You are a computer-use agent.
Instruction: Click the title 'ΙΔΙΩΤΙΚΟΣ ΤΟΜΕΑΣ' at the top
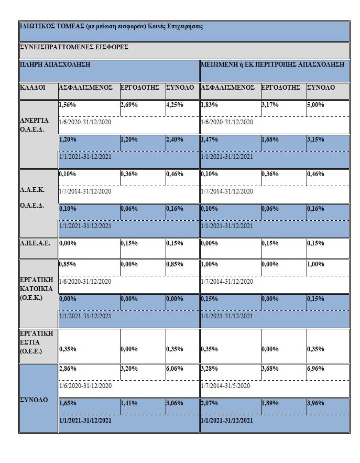click(x=49, y=26)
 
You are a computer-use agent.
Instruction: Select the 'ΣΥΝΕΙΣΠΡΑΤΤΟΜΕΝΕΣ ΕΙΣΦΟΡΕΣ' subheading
click(x=74, y=47)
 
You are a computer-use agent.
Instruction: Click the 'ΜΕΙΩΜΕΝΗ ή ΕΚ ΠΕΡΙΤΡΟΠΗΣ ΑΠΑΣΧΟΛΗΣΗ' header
click(x=272, y=64)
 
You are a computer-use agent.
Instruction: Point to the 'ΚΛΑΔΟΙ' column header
click(x=33, y=88)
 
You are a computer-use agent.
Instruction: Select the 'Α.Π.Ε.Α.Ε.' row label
click(x=36, y=243)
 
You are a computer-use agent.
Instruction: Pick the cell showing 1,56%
click(x=68, y=105)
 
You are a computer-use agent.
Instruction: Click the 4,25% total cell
click(x=174, y=105)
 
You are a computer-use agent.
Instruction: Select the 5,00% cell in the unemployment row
click(x=315, y=105)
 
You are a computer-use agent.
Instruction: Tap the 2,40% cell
click(x=174, y=139)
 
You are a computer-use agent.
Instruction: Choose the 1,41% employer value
click(x=129, y=404)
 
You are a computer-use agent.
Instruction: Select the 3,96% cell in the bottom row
click(x=315, y=404)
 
